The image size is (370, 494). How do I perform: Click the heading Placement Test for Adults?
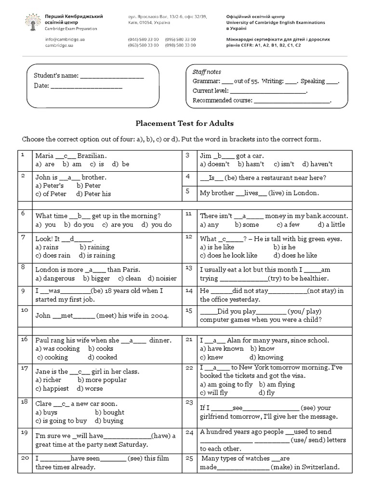click(185, 123)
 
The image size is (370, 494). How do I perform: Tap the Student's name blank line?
click(111, 76)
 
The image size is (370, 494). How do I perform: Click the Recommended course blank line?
click(291, 101)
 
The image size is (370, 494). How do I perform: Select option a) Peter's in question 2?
click(50, 185)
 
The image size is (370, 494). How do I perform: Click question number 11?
click(189, 213)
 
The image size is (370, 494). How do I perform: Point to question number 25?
click(189, 457)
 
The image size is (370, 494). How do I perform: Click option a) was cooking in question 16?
click(58, 348)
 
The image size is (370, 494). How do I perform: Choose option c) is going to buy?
click(61, 421)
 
